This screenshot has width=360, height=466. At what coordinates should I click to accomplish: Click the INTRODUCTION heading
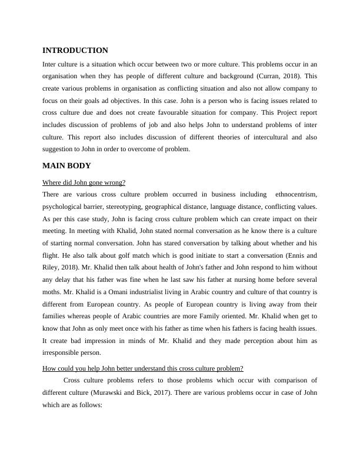(x=75, y=51)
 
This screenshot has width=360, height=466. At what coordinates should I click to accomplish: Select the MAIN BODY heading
(x=66, y=165)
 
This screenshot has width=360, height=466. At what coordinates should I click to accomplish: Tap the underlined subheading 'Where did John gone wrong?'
(x=84, y=182)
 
